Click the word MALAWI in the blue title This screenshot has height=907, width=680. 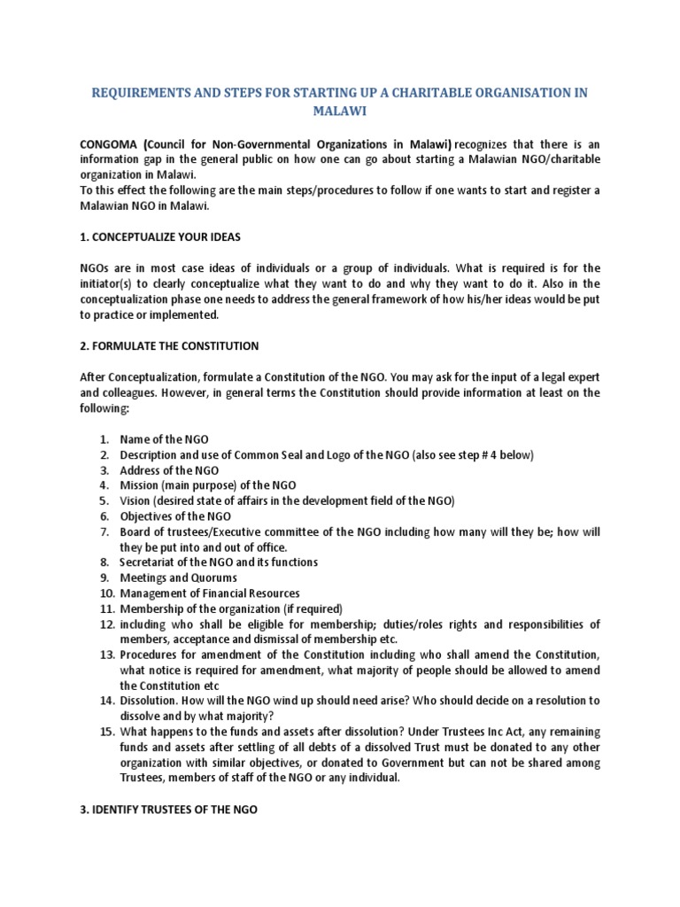pos(339,112)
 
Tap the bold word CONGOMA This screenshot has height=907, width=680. pos(108,143)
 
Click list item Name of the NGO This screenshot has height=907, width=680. pos(164,439)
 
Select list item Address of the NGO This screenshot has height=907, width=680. pos(169,469)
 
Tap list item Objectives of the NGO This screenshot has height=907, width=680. pos(175,516)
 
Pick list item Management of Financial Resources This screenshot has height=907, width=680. pos(210,593)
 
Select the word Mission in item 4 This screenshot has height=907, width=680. pos(140,485)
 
